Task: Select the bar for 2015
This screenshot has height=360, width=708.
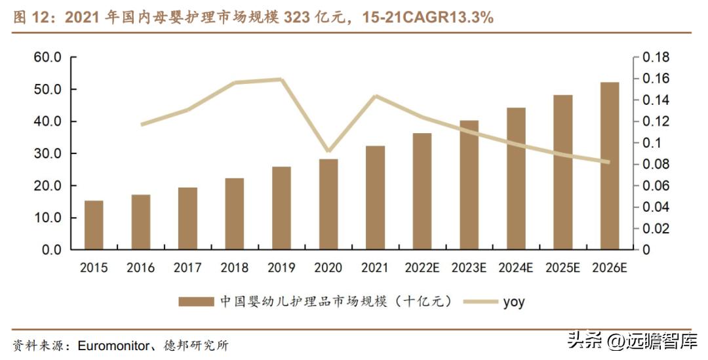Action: point(94,225)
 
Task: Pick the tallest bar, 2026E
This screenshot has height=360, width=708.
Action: point(610,166)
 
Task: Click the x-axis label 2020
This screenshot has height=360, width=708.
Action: point(328,268)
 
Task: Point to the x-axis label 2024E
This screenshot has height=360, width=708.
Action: point(516,268)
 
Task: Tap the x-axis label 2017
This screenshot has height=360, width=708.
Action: point(187,268)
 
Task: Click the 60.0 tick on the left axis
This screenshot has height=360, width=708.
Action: point(48,58)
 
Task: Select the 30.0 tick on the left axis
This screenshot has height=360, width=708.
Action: point(48,154)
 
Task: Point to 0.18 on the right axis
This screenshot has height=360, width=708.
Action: point(656,58)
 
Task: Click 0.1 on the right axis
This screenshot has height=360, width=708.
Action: point(652,143)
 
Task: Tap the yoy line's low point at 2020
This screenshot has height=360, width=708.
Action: point(328,151)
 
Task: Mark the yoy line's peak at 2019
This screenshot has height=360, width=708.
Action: point(281,79)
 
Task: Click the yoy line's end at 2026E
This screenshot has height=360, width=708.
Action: point(609,162)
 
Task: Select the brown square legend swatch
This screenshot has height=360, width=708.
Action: point(196,302)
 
